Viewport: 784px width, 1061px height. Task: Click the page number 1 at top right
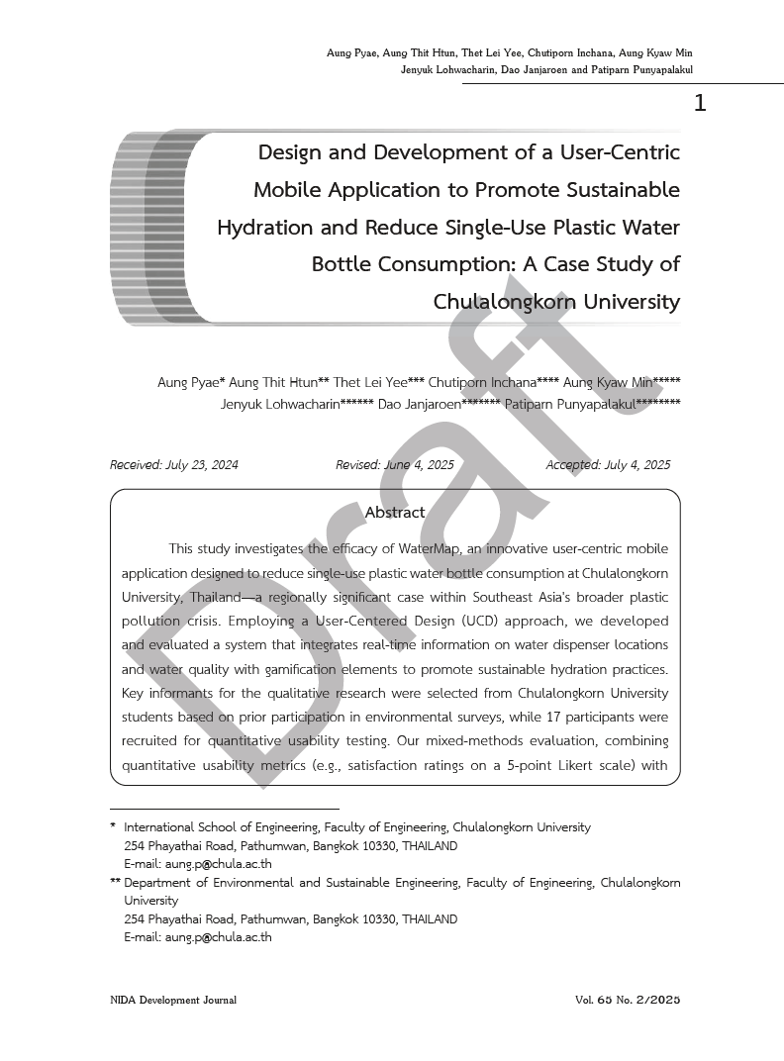(x=700, y=103)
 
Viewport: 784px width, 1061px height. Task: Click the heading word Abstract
(x=395, y=513)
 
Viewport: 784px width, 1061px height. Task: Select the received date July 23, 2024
(x=203, y=465)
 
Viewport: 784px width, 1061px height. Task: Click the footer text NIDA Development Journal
(x=173, y=1001)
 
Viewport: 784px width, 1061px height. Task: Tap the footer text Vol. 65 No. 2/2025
(x=628, y=1001)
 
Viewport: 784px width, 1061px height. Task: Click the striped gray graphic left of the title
(x=148, y=228)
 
